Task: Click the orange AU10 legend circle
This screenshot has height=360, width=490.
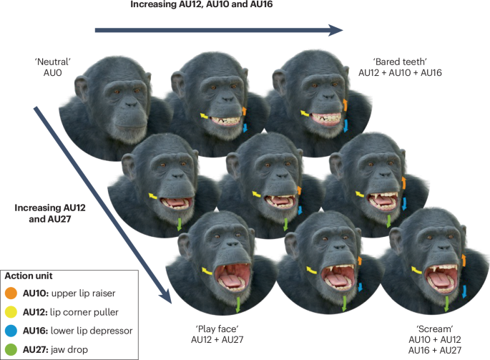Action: pos(10,292)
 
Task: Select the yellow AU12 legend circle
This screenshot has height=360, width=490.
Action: pos(10,311)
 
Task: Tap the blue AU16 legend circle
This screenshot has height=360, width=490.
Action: pos(10,329)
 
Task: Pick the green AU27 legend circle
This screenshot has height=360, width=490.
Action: pos(10,348)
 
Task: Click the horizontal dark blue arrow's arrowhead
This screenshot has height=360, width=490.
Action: pos(335,31)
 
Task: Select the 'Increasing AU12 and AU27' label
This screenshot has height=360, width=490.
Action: pos(48,213)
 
